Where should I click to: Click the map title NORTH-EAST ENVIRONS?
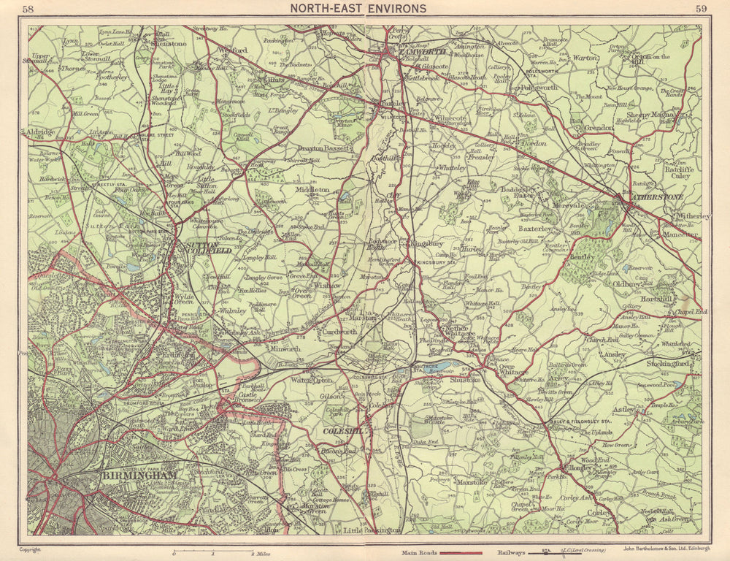358,9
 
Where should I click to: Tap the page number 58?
28,9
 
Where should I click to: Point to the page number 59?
701,9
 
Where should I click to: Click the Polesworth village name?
539,87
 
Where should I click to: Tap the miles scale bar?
212,549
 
